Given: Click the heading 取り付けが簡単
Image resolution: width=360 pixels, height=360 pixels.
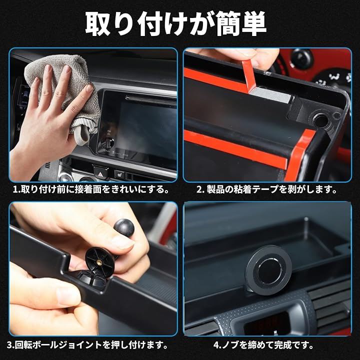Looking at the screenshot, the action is pos(176,24).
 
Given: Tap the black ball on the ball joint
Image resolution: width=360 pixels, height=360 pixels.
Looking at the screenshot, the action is pos(124,228).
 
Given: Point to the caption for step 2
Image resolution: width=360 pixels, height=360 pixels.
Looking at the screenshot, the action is pos(267,190).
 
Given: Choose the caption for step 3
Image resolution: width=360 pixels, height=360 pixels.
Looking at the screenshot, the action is pos(87,345).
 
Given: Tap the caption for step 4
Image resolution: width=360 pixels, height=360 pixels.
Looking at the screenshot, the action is pos(263,345).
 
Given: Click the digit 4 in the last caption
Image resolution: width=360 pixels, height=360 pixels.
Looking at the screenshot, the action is pos(216,345).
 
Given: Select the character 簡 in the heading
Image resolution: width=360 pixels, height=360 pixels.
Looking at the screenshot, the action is pos(228,24).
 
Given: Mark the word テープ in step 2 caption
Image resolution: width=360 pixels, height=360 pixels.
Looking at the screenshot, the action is pos(265,190).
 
